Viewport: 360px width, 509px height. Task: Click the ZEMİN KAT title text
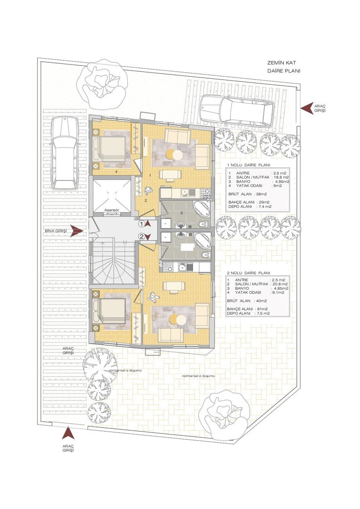click(x=281, y=63)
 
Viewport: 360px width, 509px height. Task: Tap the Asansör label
click(x=112, y=210)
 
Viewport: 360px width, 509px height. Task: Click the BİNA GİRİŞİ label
click(x=56, y=230)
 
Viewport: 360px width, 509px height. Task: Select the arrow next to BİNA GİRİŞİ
click(x=77, y=230)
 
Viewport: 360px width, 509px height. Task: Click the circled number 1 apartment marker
click(x=141, y=224)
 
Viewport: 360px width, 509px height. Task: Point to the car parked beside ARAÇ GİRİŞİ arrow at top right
click(x=236, y=111)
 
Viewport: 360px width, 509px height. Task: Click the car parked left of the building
click(x=64, y=153)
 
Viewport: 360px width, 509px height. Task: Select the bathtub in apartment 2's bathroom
click(x=202, y=241)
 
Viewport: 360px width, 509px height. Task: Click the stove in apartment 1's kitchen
click(x=205, y=194)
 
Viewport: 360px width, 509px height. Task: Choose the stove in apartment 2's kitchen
click(x=168, y=267)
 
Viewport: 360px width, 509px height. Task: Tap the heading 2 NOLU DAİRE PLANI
click(x=248, y=273)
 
